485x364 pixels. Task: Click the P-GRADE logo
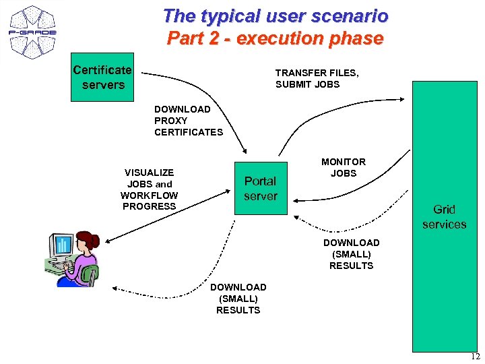coord(32,31)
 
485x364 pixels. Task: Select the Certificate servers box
coord(103,78)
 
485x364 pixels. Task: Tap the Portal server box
coord(260,189)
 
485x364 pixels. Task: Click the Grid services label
coord(444,217)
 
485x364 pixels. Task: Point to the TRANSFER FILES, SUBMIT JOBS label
coord(317,78)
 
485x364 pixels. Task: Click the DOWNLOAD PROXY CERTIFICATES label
coord(188,121)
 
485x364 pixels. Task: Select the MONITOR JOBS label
coord(343,167)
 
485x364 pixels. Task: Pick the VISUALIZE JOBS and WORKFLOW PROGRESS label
coord(149,189)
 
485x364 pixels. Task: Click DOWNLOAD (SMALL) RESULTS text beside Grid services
coord(351,254)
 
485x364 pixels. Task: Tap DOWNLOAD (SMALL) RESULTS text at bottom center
coord(238,299)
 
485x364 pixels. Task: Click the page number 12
coord(475,357)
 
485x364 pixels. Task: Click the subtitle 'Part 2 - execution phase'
coord(275,38)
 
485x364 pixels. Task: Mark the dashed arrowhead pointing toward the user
coord(115,288)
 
